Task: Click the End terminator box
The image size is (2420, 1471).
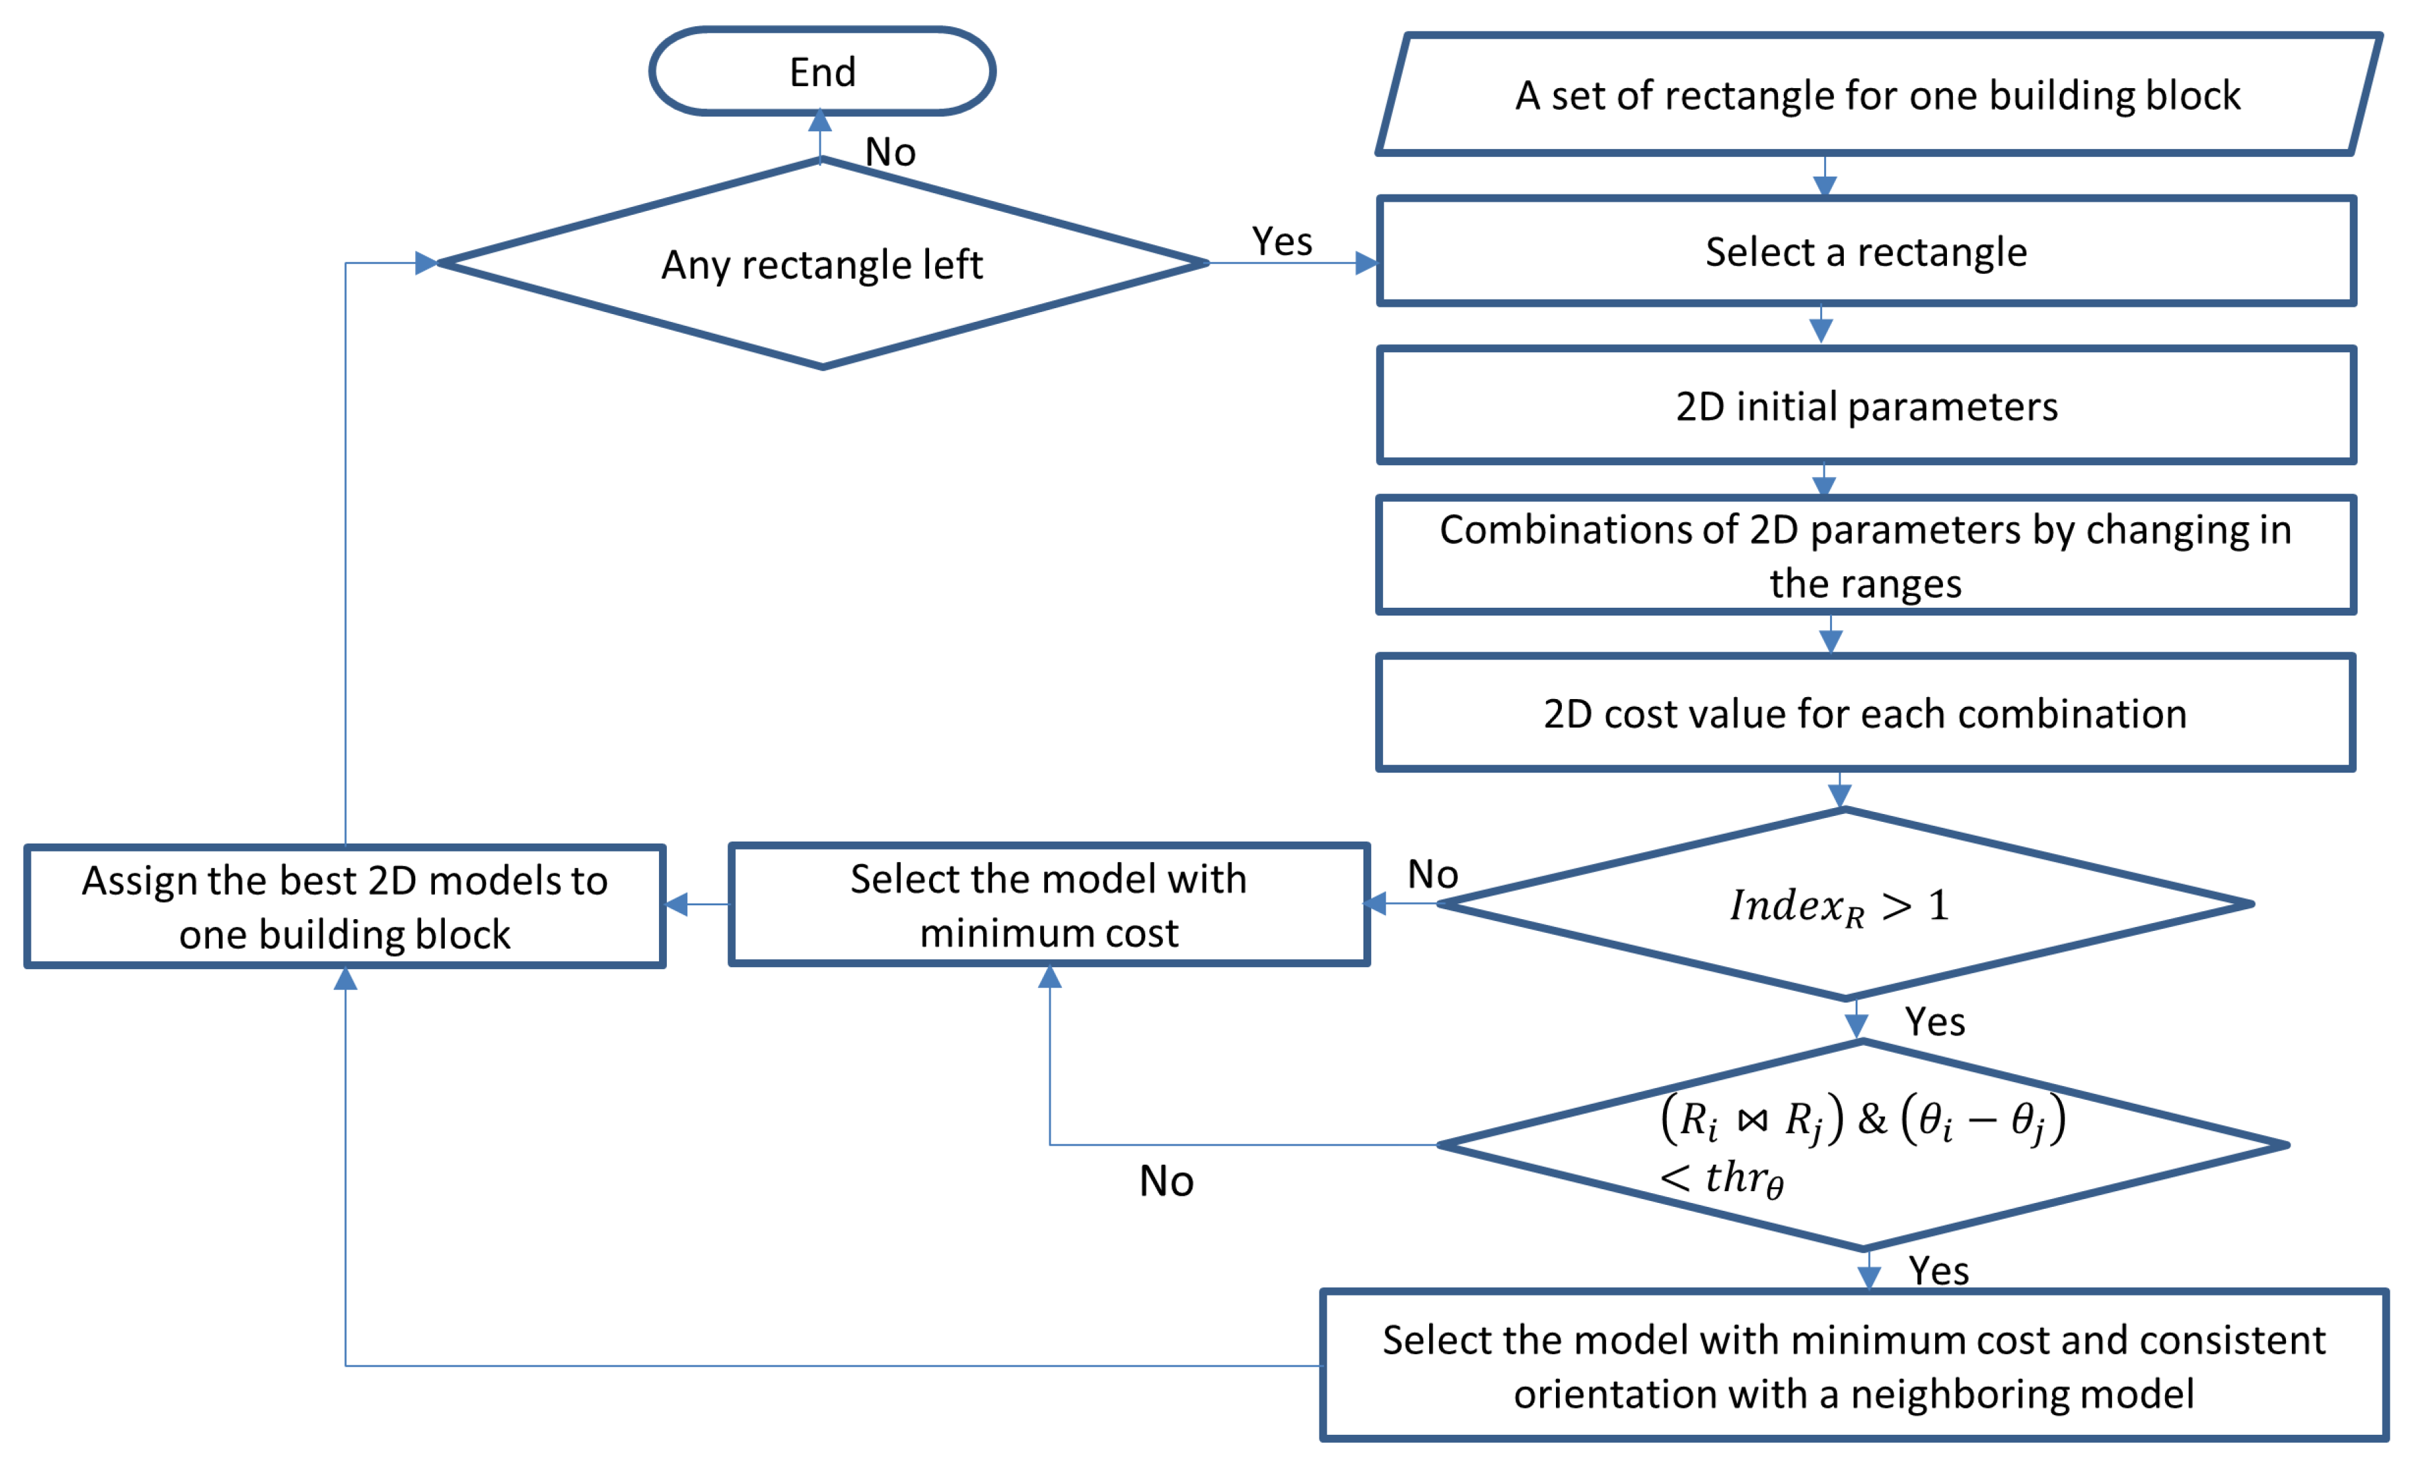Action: tap(822, 72)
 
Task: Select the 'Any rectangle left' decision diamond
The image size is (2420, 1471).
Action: tap(822, 264)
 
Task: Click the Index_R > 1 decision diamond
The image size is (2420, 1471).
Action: tap(1844, 905)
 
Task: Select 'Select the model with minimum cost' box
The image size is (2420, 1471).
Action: tap(1048, 905)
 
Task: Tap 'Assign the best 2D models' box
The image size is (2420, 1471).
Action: tap(345, 907)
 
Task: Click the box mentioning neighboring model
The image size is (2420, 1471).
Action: tap(1854, 1366)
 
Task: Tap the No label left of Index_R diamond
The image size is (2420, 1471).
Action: tap(1432, 874)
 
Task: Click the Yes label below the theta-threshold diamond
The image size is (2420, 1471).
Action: tap(1938, 1271)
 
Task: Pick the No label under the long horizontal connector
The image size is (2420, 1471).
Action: tap(1166, 1181)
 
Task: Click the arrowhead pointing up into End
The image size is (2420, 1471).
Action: tap(820, 122)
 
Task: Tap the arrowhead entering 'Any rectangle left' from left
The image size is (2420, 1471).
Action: tap(426, 263)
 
